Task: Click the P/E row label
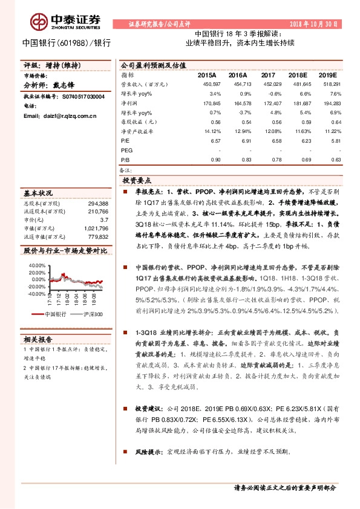[x=125, y=141]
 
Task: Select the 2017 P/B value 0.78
[x=269, y=160]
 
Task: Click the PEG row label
[x=126, y=150]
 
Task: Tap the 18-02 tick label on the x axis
[x=68, y=297]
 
